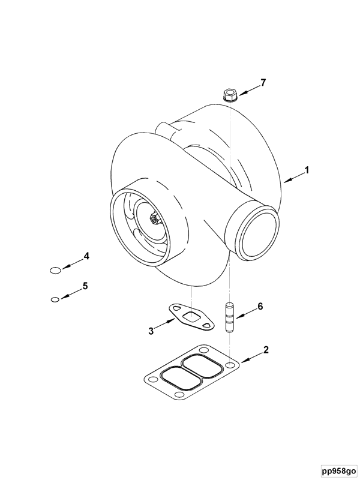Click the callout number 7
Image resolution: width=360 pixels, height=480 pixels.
tap(263, 82)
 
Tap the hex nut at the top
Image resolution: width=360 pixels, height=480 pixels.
tap(229, 95)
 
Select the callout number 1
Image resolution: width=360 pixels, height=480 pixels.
tap(307, 170)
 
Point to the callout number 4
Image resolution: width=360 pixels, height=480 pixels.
tap(86, 256)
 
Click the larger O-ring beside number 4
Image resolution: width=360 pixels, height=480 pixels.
tap(56, 271)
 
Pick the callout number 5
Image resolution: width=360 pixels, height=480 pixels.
tap(85, 286)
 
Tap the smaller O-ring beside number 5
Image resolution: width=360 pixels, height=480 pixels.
tap(55, 299)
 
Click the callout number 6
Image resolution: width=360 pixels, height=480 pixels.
tap(260, 306)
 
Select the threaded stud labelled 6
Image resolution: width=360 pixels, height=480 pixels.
tap(230, 318)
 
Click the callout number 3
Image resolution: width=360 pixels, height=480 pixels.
tap(151, 331)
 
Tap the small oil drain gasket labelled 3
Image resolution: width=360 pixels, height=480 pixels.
tap(191, 319)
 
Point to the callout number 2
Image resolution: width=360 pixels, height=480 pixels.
tap(266, 350)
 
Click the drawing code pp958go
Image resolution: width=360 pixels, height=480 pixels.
tap(338, 470)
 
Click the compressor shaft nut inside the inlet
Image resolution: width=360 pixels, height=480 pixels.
tap(154, 218)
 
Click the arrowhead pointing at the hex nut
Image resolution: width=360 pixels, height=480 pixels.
tap(241, 94)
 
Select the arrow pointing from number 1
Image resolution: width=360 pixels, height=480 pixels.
tap(293, 178)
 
